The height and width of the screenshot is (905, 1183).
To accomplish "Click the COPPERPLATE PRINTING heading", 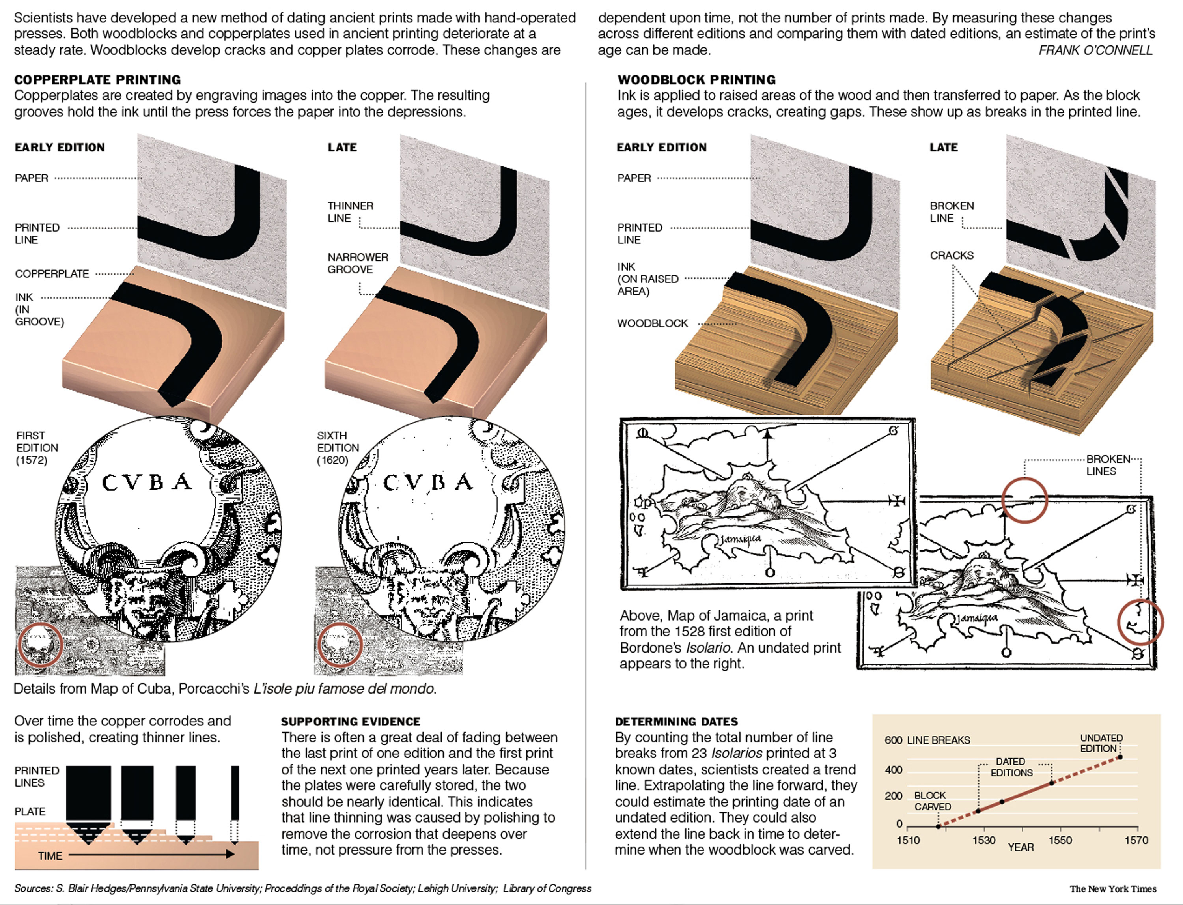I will click(97, 80).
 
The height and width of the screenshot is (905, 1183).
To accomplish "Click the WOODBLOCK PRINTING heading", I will click(696, 80).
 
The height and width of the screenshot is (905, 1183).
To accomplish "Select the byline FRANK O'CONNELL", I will click(1095, 50).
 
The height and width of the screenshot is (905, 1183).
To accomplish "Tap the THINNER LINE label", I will click(350, 212).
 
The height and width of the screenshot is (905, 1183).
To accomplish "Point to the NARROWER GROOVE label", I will click(358, 263).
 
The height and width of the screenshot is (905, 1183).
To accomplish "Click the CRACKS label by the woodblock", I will click(952, 255).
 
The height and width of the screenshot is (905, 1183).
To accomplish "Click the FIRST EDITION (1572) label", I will click(37, 448).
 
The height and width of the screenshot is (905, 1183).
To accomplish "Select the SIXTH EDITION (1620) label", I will click(338, 448).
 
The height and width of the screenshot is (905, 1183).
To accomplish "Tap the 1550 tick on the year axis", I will click(1060, 840).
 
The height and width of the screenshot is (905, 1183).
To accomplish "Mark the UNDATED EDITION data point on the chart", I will click(1120, 757).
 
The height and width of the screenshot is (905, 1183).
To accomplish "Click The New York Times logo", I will click(1112, 889).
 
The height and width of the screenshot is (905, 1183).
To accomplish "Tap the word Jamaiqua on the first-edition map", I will click(741, 538).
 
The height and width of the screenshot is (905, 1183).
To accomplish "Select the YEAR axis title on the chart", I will click(1021, 847).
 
